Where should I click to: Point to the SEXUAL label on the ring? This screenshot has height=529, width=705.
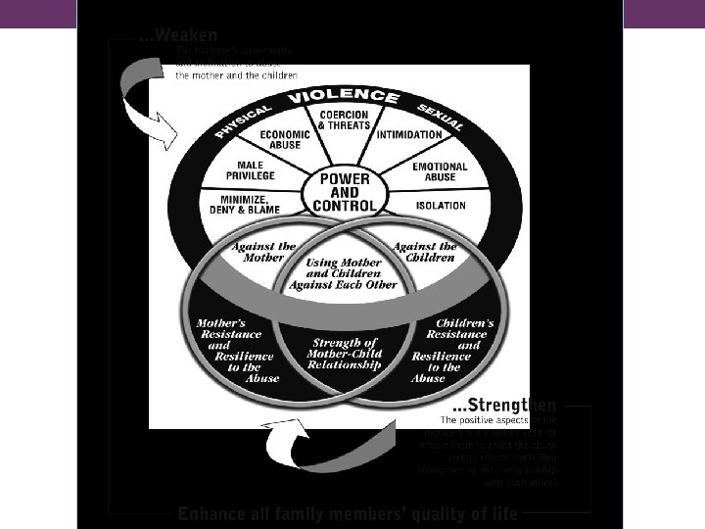[441, 118]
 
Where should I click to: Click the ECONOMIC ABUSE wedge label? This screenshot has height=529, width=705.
[286, 139]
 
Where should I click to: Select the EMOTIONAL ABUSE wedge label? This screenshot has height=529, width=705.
[440, 171]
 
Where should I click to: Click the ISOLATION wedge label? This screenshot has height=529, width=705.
[440, 206]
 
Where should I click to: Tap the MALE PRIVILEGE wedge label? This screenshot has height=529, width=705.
[245, 171]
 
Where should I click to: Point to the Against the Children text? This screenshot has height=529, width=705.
[425, 252]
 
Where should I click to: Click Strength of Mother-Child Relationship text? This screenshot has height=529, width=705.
[344, 352]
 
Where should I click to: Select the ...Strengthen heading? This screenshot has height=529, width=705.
[504, 405]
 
